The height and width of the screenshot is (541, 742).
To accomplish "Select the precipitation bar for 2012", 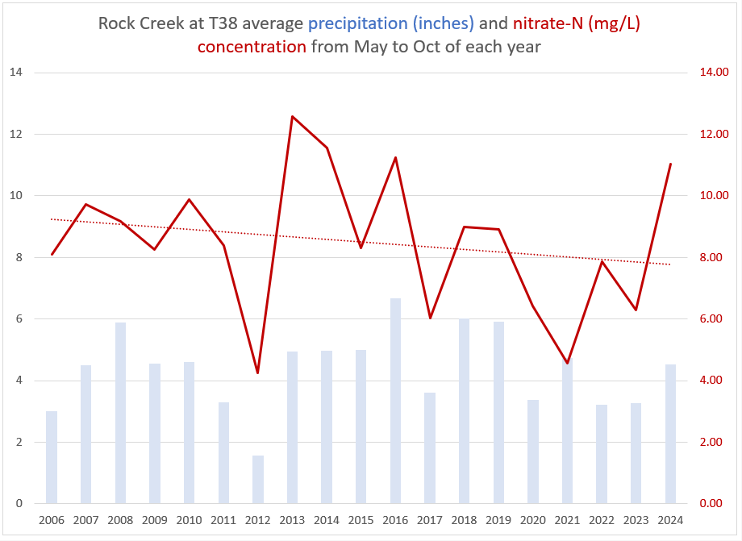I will pyautogui.click(x=258, y=479).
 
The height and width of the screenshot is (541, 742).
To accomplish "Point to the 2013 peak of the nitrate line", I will pyautogui.click(x=292, y=117).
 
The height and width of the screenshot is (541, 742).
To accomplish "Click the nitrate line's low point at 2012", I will pyautogui.click(x=258, y=372).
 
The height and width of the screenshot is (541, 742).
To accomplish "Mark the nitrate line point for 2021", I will pyautogui.click(x=568, y=363).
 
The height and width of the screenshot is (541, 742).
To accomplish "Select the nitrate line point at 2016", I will pyautogui.click(x=395, y=158).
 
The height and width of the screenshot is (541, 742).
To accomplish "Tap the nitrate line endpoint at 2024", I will pyautogui.click(x=670, y=164).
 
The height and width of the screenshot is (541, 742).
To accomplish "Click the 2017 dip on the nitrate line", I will pyautogui.click(x=430, y=318).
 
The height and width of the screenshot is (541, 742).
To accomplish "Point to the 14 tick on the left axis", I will pyautogui.click(x=15, y=73).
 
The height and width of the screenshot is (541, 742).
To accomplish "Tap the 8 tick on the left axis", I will pyautogui.click(x=18, y=257).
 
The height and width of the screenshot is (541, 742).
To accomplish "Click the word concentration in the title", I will pyautogui.click(x=252, y=46).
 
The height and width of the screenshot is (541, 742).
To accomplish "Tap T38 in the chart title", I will pyautogui.click(x=223, y=22).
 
